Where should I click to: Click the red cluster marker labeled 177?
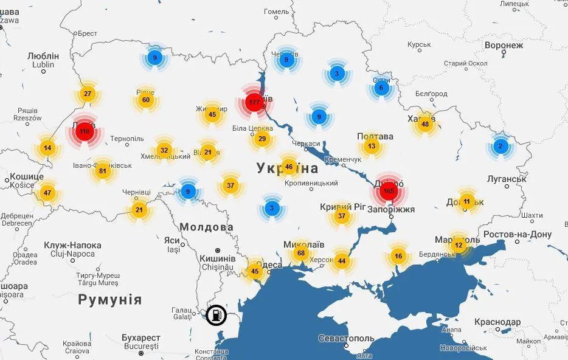click(x=254, y=102)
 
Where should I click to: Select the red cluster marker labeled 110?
click(x=85, y=131)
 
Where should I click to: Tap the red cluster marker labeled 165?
click(x=389, y=192)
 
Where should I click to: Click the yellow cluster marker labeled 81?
click(x=102, y=171)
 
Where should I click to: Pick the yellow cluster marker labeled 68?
click(x=300, y=253)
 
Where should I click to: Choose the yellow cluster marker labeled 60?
click(x=145, y=100)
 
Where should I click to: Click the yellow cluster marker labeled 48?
click(x=424, y=125)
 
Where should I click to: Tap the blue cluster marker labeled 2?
click(x=500, y=147)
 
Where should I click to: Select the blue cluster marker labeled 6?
click(x=381, y=88)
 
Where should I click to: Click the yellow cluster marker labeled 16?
click(x=398, y=256)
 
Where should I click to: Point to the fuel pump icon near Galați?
click(x=215, y=315)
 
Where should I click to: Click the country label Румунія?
click(x=109, y=300)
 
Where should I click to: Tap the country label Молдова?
click(x=206, y=227)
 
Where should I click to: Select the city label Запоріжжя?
click(x=392, y=210)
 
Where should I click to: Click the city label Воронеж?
click(x=504, y=46)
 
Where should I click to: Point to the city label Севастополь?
click(x=346, y=338)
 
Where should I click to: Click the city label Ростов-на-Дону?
click(x=518, y=235)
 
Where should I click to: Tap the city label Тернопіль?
click(x=127, y=139)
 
